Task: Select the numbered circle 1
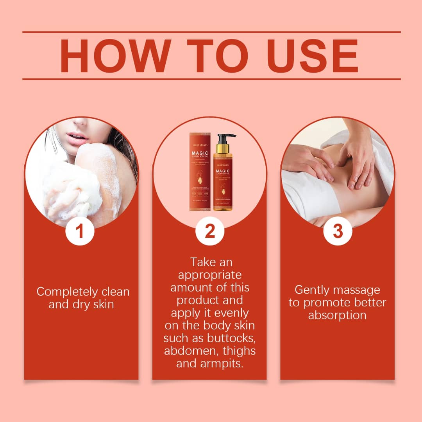(x=80, y=231)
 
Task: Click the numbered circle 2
(x=210, y=231)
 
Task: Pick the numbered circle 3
(x=338, y=231)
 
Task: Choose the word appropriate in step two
(x=210, y=275)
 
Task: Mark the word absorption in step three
(x=337, y=315)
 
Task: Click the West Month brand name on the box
(x=200, y=139)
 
